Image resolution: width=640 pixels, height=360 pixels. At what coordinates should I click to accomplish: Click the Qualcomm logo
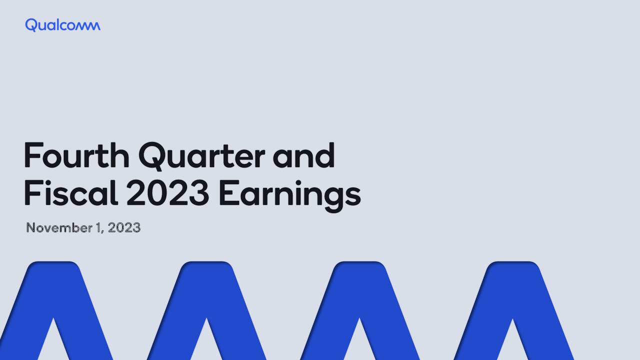click(62, 25)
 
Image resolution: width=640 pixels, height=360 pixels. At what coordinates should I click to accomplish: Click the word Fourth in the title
click(76, 155)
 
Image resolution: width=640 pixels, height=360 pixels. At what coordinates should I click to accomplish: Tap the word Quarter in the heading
click(201, 156)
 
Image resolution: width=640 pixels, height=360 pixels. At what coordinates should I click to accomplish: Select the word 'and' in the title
click(303, 155)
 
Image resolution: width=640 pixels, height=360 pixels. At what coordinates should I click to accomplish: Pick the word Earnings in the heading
click(289, 195)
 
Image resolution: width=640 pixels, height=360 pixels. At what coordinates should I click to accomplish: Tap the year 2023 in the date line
click(124, 228)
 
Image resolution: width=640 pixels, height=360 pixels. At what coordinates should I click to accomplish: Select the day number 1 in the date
click(98, 228)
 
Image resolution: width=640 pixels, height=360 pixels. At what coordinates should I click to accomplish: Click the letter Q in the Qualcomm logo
click(30, 25)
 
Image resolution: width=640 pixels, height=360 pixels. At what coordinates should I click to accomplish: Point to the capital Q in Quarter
click(153, 156)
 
